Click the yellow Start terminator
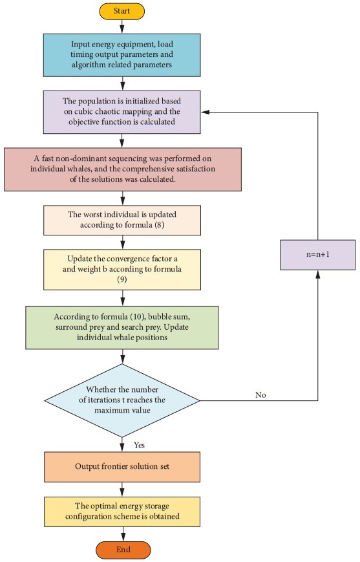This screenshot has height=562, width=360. coord(122,12)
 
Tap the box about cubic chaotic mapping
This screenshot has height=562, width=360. coord(122,111)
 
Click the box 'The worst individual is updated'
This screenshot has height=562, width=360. coord(122,220)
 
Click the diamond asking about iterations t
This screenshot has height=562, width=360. coord(122,400)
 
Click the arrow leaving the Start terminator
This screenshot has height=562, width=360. coord(122,27)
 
